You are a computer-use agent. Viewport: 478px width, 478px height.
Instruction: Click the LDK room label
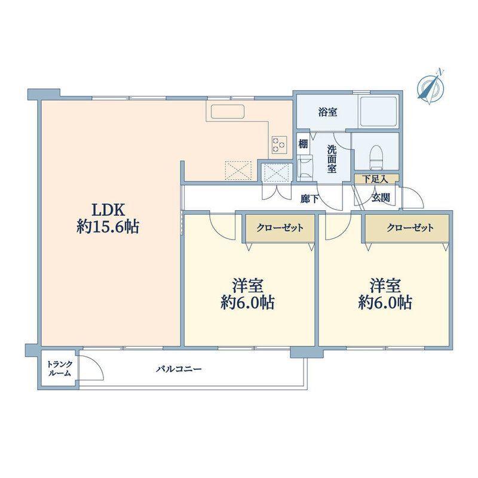[x=109, y=210]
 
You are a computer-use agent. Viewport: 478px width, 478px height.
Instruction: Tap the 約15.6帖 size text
[x=108, y=227]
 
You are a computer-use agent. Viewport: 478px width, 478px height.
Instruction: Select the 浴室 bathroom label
[x=327, y=112]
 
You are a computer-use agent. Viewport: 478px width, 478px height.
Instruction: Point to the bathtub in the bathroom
[x=379, y=111]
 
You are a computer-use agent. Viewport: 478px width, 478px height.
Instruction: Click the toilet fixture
[x=376, y=157]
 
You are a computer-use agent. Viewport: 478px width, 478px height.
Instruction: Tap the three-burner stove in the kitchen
[x=279, y=145]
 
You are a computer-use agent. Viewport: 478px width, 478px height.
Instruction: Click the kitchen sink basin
[x=228, y=111]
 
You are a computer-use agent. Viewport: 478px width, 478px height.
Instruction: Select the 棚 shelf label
[x=303, y=143]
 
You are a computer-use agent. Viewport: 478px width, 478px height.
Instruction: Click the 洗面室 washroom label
[x=332, y=158]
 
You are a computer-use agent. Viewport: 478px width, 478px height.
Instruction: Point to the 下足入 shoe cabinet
[x=376, y=179]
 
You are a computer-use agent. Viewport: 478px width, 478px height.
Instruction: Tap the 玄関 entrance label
[x=381, y=198]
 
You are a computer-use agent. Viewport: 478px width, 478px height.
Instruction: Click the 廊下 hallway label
[x=310, y=199]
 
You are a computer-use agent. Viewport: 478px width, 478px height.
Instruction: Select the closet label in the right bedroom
[x=410, y=228]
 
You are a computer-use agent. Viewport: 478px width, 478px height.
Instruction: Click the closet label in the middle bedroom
[x=280, y=228]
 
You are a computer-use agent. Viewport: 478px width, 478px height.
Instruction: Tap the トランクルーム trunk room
[x=60, y=368]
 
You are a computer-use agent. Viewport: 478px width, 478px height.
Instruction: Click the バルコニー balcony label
[x=179, y=369]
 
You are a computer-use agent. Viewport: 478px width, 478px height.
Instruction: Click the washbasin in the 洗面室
[x=305, y=167]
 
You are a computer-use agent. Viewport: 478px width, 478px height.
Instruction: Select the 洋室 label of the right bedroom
[x=385, y=286]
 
